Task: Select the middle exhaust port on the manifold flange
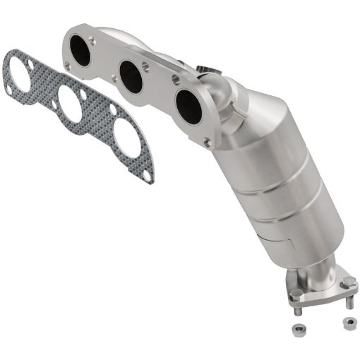(x=131, y=76)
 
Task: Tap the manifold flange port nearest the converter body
(x=188, y=104)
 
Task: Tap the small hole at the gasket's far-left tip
(x=8, y=90)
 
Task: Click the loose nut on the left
(x=297, y=329)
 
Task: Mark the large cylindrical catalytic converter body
(x=282, y=184)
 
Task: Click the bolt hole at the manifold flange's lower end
(x=207, y=142)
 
